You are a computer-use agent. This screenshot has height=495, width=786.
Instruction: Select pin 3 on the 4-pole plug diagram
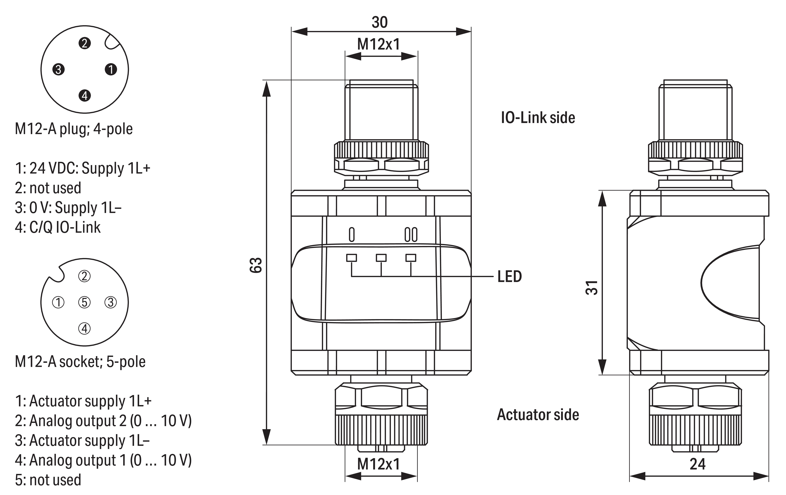[x=58, y=70]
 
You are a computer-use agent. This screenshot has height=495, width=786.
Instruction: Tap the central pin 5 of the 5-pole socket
[x=85, y=302]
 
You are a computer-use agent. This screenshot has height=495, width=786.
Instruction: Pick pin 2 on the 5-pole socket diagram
[x=85, y=276]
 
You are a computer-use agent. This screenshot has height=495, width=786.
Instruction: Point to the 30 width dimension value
[x=380, y=22]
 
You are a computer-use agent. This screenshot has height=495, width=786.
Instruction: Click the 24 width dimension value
[x=698, y=464]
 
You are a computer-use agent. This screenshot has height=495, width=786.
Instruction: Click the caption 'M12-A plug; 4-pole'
[x=74, y=129]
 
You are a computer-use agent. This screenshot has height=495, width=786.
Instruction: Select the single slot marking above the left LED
[x=352, y=234]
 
